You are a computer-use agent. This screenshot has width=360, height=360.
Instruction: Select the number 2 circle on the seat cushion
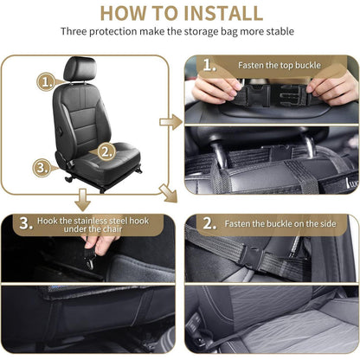tap(105, 151)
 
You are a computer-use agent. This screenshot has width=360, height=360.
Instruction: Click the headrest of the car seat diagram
tap(80, 69)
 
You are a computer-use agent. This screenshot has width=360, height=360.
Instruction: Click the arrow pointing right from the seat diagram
tap(171, 122)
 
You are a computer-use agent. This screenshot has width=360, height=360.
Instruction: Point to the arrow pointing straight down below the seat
tap(83, 198)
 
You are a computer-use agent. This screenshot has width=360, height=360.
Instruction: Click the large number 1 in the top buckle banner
tap(209, 66)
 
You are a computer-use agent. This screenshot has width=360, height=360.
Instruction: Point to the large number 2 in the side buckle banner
tap(209, 223)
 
